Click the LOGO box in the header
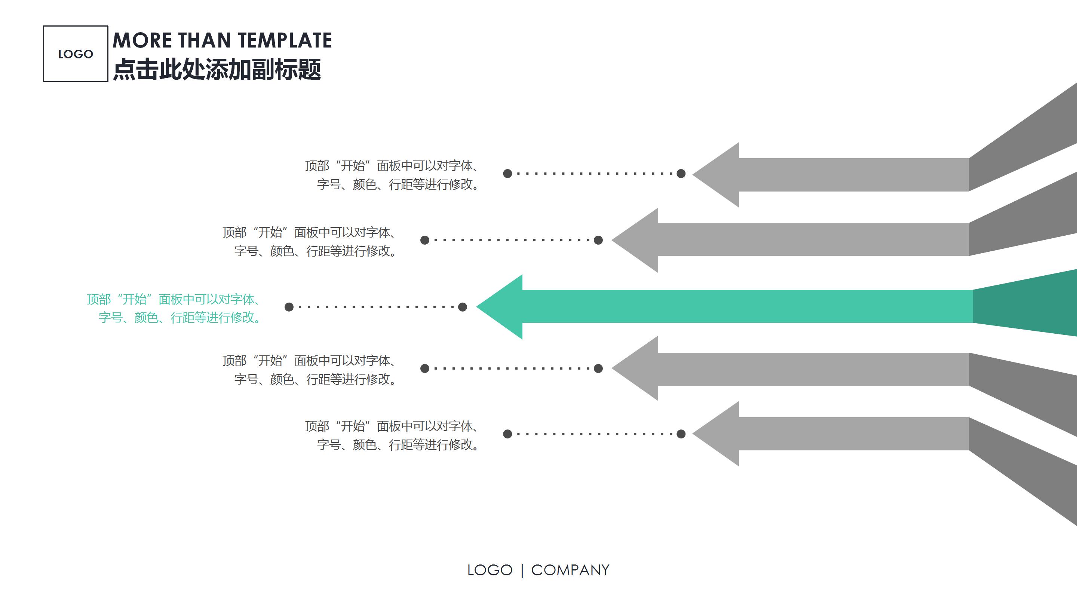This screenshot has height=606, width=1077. click(x=75, y=54)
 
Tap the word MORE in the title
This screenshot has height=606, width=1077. click(x=142, y=40)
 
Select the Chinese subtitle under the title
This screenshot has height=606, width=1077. click(x=217, y=70)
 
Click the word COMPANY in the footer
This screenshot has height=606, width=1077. click(x=570, y=570)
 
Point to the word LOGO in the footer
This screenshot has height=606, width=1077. click(x=490, y=570)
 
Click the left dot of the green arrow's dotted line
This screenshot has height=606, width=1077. click(x=289, y=307)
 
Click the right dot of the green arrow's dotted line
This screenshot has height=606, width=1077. click(x=463, y=307)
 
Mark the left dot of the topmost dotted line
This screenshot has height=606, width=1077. click(x=507, y=174)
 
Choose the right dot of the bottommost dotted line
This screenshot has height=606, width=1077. click(x=681, y=434)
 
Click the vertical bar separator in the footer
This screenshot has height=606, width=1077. click(x=522, y=570)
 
